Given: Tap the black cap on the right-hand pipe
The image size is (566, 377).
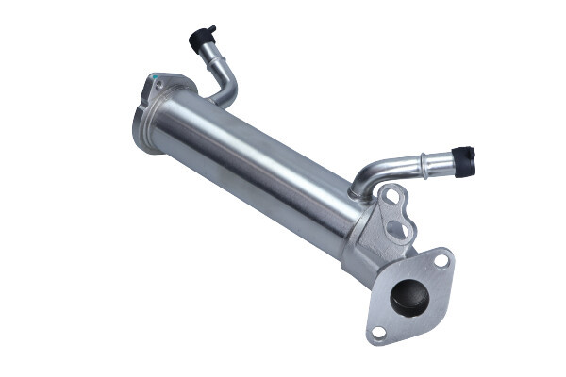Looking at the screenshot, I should [x=463, y=160].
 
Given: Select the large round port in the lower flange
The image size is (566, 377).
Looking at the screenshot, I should [x=409, y=296].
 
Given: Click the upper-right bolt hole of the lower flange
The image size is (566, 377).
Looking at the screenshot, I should [x=441, y=260].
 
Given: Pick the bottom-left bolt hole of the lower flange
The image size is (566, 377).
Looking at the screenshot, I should [x=378, y=332].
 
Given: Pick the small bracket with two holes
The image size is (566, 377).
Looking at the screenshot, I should [x=394, y=213].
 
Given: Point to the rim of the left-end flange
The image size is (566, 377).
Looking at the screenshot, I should [x=140, y=123].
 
